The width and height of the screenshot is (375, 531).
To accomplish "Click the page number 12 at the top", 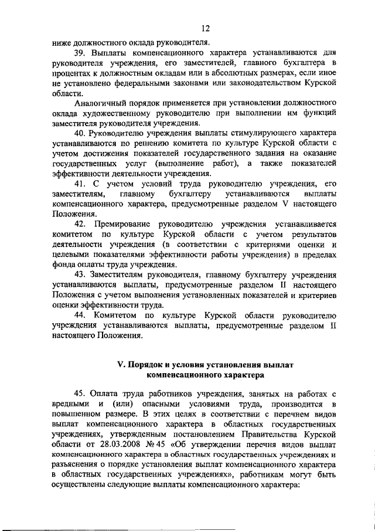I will (x=204, y=28).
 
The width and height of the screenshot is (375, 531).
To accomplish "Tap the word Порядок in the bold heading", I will (x=145, y=365).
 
